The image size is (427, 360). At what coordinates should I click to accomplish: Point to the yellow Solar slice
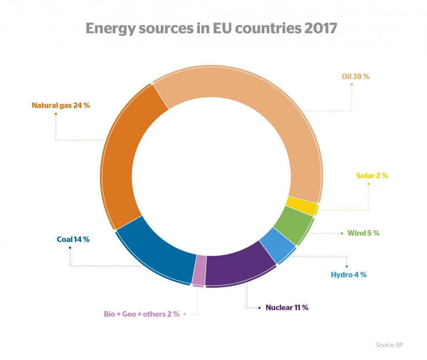[x=302, y=205]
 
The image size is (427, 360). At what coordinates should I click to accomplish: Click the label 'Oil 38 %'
[x=355, y=77]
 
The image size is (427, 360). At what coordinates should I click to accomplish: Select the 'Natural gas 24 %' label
[x=61, y=105]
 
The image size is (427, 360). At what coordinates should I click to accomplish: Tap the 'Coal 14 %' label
[x=73, y=239]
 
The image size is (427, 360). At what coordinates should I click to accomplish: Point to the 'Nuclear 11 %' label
[x=287, y=307]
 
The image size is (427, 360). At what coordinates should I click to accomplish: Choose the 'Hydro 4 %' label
[x=348, y=275]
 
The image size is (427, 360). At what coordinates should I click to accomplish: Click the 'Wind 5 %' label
[x=363, y=233]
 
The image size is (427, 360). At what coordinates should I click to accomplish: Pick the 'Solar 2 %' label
[x=372, y=176]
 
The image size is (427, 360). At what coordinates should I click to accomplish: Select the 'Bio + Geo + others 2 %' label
[x=141, y=314]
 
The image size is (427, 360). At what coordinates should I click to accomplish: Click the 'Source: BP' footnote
[x=389, y=345]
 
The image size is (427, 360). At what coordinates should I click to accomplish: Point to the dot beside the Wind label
[x=342, y=233]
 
